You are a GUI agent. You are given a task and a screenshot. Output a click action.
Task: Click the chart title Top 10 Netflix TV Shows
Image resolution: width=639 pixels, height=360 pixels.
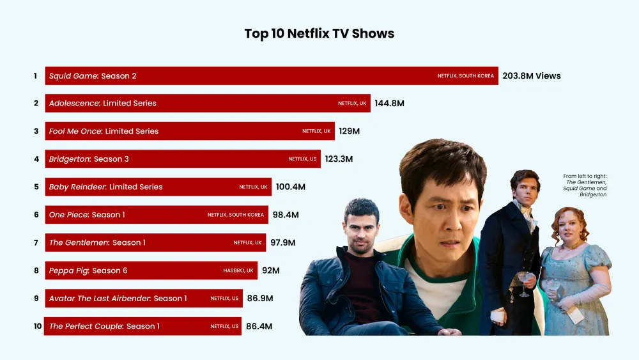click(x=319, y=33)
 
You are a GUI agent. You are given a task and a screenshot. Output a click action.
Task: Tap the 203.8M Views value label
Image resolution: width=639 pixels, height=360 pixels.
click(x=532, y=76)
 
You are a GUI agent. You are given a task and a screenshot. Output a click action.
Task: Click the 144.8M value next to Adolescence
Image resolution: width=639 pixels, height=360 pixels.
click(x=389, y=104)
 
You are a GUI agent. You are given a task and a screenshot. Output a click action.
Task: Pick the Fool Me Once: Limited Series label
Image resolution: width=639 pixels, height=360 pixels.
click(x=104, y=131)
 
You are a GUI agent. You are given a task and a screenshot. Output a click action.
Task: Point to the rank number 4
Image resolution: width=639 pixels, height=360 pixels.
click(x=36, y=159)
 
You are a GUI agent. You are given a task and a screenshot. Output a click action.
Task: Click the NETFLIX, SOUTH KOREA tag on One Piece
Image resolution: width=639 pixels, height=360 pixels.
click(x=236, y=215)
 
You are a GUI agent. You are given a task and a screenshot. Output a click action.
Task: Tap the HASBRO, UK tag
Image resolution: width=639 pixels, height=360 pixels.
click(x=238, y=270)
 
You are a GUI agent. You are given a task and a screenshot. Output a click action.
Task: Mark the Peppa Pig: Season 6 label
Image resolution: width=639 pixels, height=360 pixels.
click(x=88, y=270)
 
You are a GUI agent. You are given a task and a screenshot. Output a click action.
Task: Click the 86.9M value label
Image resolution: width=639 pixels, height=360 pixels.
click(x=260, y=298)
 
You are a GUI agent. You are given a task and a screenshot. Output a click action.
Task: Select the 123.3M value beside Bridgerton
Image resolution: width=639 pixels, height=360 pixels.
click(x=339, y=159)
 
